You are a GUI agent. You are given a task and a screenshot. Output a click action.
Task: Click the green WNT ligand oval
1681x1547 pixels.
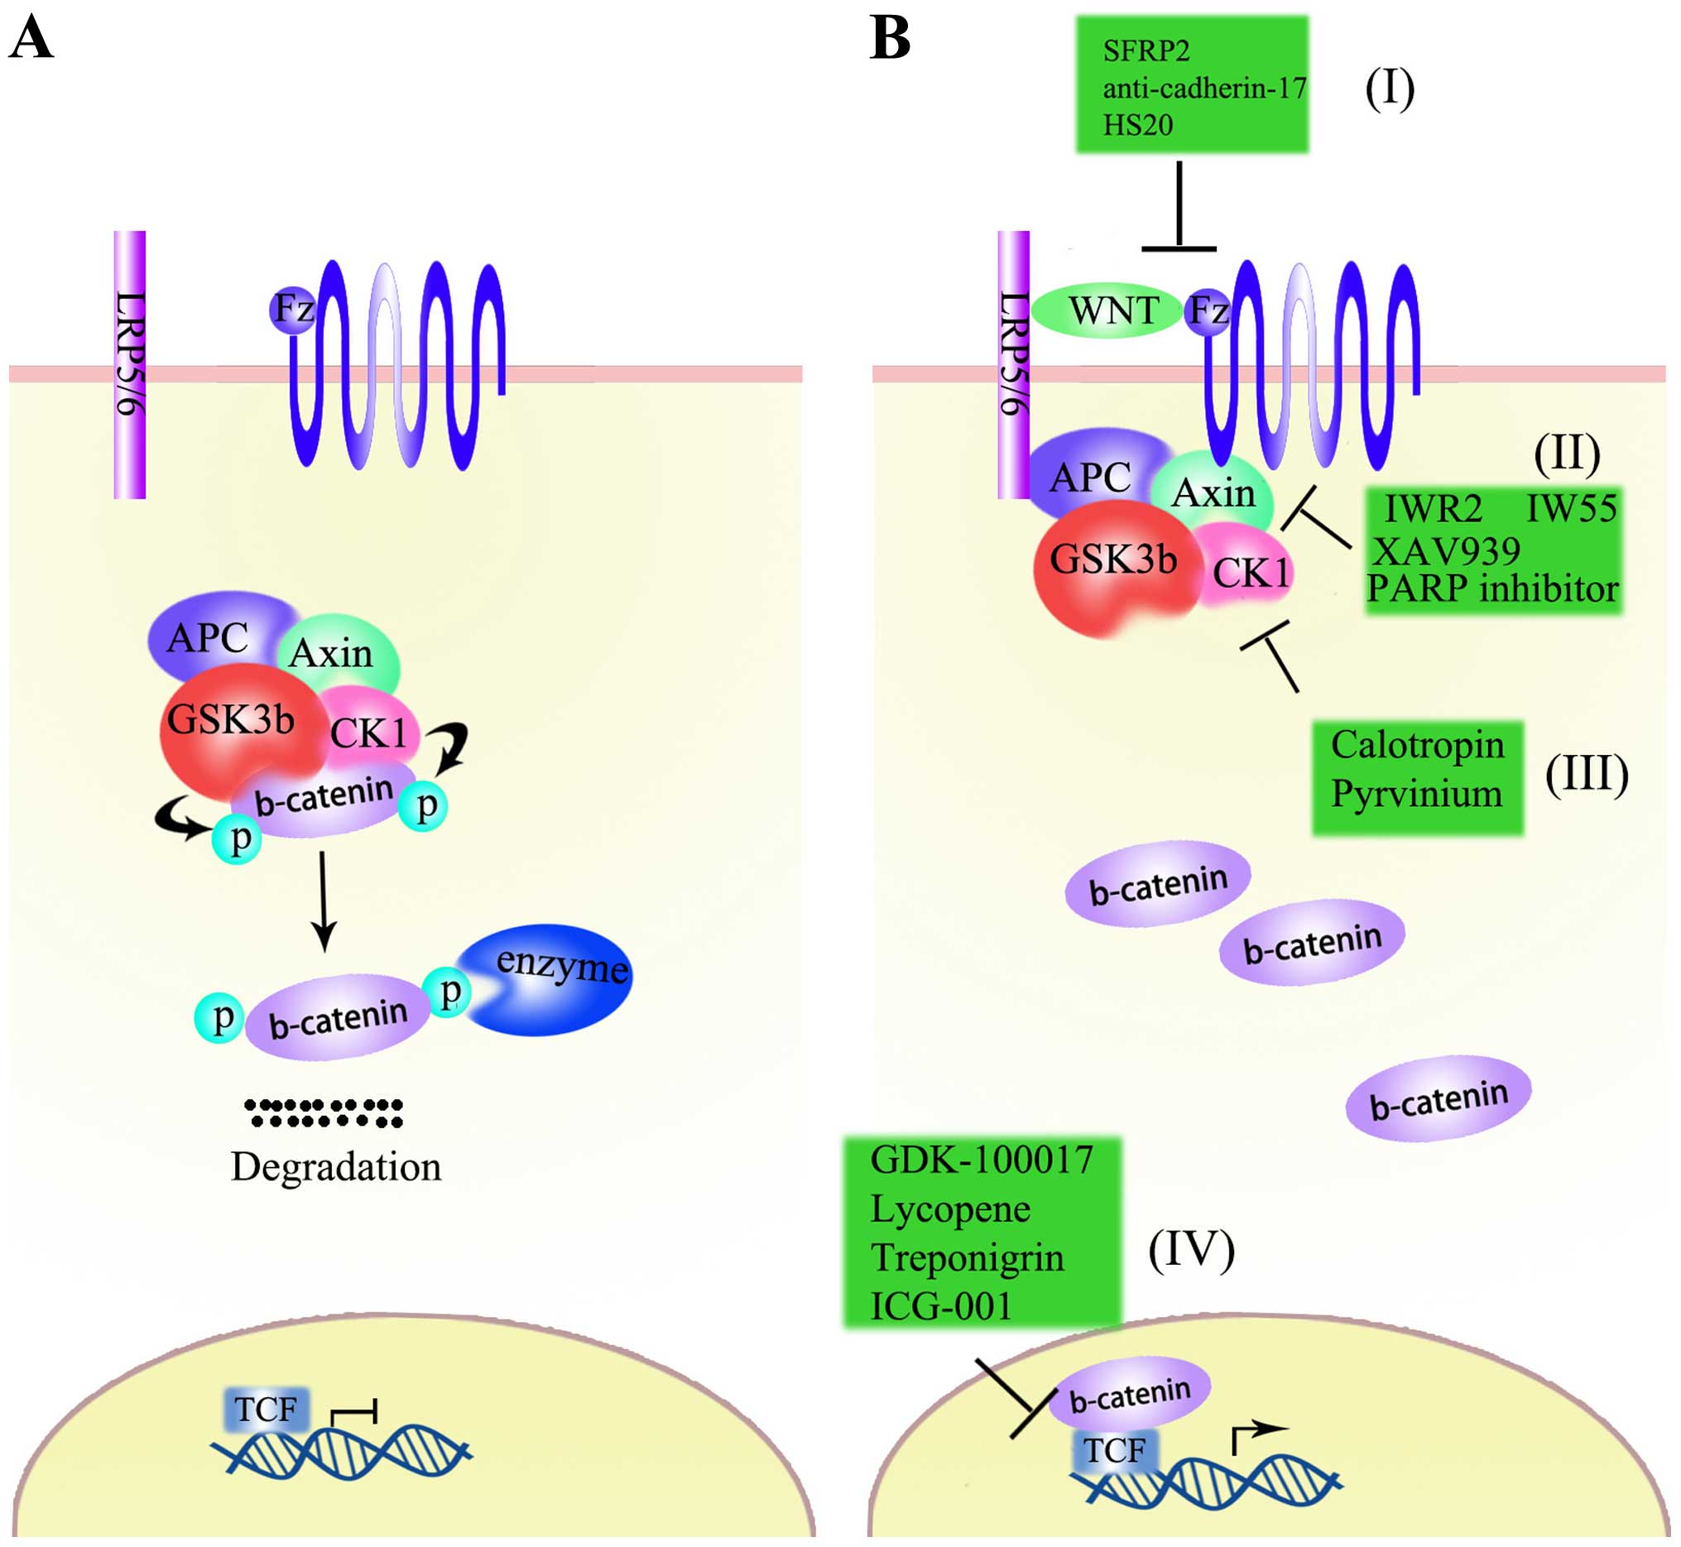pos(1107,310)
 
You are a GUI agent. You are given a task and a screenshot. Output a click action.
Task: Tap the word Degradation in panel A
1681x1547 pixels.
pos(336,1166)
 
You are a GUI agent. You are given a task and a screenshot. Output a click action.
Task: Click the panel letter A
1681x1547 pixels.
pos(31,39)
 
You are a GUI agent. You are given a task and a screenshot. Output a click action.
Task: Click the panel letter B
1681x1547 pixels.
pos(889,39)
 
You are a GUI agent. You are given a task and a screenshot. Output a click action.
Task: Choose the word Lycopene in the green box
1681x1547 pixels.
pos(950,1210)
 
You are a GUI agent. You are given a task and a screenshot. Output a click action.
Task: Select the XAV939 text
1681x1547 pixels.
pos(1446,550)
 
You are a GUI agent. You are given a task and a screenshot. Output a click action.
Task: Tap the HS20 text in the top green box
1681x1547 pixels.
pos(1138,125)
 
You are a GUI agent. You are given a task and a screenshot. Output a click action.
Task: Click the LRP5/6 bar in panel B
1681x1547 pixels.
pos(1013,364)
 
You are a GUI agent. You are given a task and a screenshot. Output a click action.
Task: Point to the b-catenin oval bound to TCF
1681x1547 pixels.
pos(1129,1393)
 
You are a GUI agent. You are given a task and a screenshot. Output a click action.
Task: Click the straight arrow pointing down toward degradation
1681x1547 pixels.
pos(323,901)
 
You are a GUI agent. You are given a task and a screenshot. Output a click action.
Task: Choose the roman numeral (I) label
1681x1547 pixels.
pos(1390,88)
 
